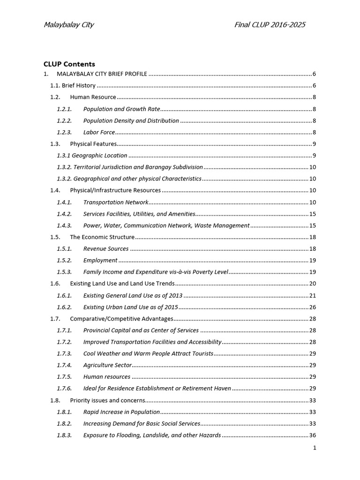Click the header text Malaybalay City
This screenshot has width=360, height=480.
click(68, 25)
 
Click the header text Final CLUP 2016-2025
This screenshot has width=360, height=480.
click(270, 25)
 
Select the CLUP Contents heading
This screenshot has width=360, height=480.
click(69, 64)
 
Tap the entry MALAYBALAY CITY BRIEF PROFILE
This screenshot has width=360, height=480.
click(102, 74)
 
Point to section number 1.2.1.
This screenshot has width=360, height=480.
click(64, 109)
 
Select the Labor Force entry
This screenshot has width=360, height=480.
click(99, 132)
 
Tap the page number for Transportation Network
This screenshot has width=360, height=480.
click(313, 202)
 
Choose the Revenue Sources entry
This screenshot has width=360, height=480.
click(105, 248)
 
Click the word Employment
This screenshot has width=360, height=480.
click(100, 260)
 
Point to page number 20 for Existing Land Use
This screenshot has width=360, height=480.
click(313, 284)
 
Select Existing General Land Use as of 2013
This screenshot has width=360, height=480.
click(133, 295)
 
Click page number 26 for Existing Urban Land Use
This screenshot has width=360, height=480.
click(313, 307)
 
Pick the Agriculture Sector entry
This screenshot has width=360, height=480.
click(107, 365)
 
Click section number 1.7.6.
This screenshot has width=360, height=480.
click(64, 388)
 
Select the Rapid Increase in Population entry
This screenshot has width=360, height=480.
click(121, 412)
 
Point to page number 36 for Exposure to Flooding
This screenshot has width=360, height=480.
click(313, 435)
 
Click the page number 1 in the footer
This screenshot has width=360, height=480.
click(315, 448)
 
